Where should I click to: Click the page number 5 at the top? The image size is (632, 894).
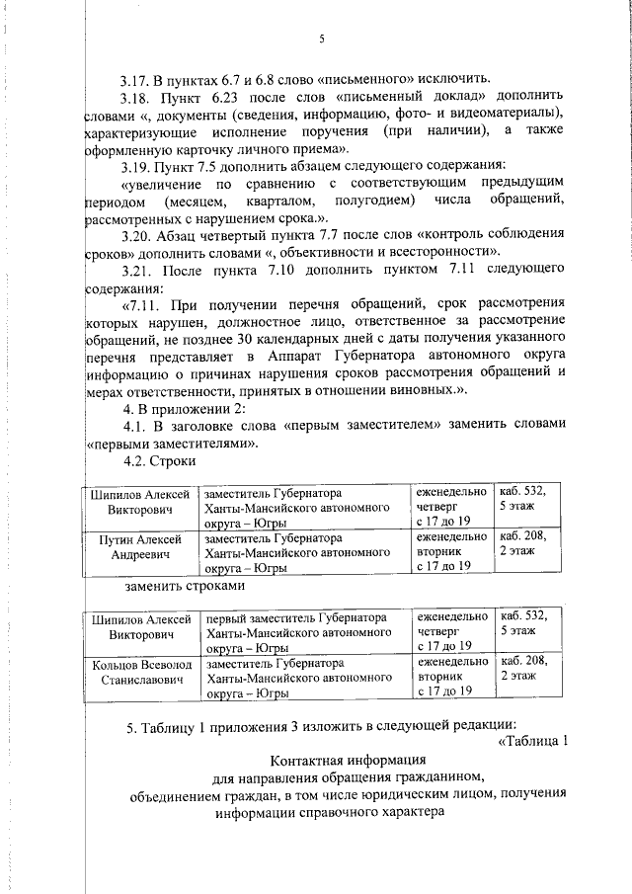click(x=322, y=40)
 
